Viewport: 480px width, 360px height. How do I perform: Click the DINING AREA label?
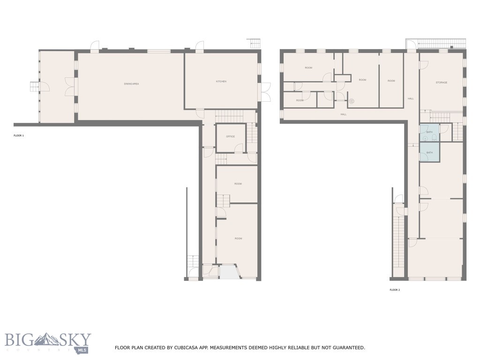point(131,84)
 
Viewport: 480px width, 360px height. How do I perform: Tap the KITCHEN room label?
point(221,82)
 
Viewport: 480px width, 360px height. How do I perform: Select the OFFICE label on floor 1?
point(230,136)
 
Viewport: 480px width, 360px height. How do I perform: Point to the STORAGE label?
point(441,82)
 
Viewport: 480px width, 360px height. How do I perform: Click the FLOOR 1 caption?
point(19,135)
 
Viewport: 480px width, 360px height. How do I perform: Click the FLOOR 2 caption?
point(395,290)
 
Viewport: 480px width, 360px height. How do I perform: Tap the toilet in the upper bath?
point(435,137)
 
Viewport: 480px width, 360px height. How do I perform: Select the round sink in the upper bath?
point(426,138)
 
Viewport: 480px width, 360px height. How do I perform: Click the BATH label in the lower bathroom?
point(429,153)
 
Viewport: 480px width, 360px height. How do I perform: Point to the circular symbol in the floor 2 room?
point(352,101)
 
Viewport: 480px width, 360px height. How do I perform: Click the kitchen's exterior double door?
point(265,92)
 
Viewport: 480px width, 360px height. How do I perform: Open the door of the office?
point(239,148)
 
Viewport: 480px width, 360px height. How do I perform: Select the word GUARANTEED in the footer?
point(349,348)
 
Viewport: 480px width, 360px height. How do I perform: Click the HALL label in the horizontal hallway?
point(343,114)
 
